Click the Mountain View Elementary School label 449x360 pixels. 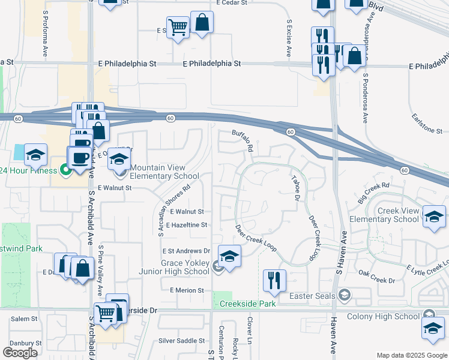[x=164, y=172]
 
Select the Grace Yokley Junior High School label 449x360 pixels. [x=185, y=267]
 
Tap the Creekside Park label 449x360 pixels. [x=247, y=304]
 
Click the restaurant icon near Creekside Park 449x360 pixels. [x=274, y=281]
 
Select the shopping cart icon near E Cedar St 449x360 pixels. [x=178, y=27]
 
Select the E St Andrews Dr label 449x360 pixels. [x=186, y=251]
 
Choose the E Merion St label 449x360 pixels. [x=187, y=290]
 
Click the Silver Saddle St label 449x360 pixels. [x=182, y=341]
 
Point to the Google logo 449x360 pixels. [x=20, y=352]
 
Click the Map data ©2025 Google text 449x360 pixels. [x=412, y=355]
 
